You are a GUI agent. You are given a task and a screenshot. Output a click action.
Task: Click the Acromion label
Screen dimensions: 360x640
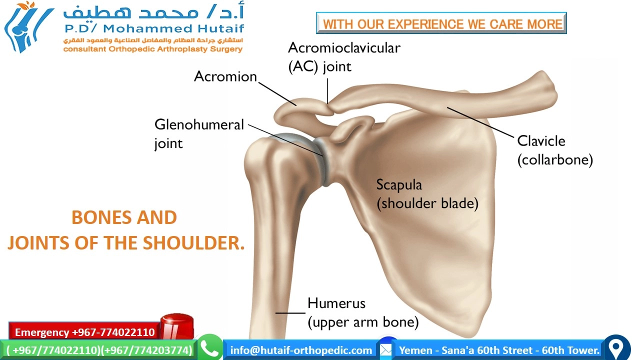(x=225, y=76)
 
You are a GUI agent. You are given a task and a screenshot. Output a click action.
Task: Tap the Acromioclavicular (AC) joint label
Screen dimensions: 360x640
(x=344, y=57)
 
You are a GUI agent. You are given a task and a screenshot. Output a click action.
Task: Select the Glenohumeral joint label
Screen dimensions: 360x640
(x=198, y=133)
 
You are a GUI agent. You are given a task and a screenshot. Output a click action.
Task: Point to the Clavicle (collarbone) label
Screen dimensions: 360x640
(x=554, y=150)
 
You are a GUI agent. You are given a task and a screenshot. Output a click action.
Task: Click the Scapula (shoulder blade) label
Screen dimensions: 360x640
(x=427, y=194)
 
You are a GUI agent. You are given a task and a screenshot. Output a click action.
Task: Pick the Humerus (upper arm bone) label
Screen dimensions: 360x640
(x=362, y=312)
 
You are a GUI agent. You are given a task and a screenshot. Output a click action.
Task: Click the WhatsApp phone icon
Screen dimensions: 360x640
(x=210, y=348)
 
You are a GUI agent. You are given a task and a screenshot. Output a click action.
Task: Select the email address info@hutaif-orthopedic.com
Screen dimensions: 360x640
(x=301, y=350)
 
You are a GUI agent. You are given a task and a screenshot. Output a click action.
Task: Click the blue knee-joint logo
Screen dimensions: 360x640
(x=27, y=27)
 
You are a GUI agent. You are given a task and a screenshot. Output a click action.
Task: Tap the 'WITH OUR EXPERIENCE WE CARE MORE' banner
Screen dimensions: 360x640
(x=441, y=23)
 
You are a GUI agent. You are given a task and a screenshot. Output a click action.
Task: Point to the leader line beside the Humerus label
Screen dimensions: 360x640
(x=290, y=313)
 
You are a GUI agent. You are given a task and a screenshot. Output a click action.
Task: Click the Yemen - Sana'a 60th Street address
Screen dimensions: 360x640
(x=499, y=350)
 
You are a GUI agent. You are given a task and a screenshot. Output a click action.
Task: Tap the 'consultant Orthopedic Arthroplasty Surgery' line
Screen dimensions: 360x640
(x=152, y=49)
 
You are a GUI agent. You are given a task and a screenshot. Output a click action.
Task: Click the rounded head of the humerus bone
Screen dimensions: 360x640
(x=272, y=155)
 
